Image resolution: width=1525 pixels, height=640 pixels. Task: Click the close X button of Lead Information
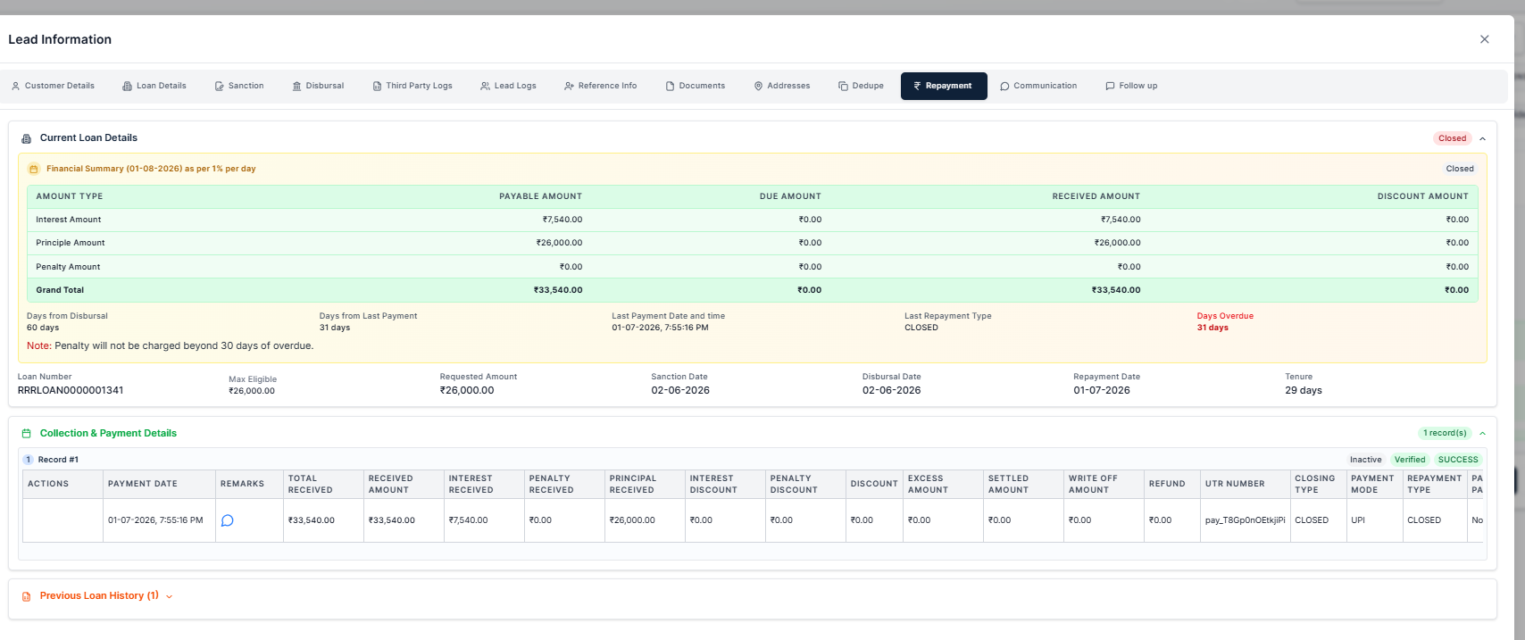[x=1484, y=39]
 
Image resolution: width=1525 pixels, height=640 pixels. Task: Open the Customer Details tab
[x=53, y=86]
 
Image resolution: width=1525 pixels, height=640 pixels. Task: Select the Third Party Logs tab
[x=412, y=86]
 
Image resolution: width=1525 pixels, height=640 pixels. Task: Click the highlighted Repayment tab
[x=944, y=86]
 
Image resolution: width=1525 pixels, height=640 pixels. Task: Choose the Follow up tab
[x=1131, y=86]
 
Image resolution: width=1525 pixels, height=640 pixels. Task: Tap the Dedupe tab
[x=862, y=86]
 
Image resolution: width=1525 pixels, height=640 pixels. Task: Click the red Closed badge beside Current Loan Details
[x=1452, y=138]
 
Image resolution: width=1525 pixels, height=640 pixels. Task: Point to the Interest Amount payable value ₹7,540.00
[x=562, y=220]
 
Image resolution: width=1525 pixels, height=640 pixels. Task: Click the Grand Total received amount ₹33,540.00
[x=1116, y=290]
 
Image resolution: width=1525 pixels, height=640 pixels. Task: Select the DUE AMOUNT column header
[x=790, y=196]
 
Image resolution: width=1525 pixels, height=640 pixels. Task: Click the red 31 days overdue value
[x=1212, y=328]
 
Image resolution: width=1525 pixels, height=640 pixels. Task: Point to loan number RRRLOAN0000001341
[x=71, y=390]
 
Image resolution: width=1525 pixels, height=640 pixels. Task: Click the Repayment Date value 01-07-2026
[x=1102, y=390]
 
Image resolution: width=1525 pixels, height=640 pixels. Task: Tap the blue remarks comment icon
[x=228, y=520]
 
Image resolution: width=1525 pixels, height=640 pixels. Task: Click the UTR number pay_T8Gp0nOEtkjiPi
[x=1246, y=520]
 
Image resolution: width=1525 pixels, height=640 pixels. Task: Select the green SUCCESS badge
[x=1458, y=460]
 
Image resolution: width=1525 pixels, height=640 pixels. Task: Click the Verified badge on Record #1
[x=1410, y=460]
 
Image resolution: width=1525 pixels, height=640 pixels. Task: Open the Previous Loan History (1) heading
[x=99, y=595]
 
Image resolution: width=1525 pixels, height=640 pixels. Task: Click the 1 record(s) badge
[x=1445, y=433]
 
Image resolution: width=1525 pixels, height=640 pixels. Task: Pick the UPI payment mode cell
[x=1358, y=520]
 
